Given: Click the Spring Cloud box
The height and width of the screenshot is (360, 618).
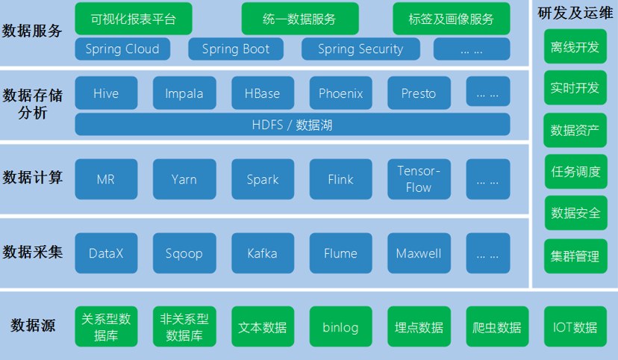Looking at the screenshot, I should point(122,49).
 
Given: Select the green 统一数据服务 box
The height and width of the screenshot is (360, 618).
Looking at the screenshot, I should point(299,19).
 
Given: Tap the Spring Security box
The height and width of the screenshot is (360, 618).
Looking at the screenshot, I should point(360,49).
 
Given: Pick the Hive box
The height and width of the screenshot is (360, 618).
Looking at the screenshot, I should point(106,93).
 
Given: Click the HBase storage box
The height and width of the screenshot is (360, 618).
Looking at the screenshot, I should point(262,93).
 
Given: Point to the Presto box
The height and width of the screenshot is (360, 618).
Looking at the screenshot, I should point(418,93).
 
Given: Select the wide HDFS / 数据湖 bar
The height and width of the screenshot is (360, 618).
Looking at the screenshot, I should point(292,125).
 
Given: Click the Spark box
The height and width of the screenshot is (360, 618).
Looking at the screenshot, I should point(262,179).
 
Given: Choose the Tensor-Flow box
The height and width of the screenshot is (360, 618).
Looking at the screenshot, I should point(418,179).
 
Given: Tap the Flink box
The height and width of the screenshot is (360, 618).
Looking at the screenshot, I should point(340,179).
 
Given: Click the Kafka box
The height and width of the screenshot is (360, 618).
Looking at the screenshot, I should point(262,253).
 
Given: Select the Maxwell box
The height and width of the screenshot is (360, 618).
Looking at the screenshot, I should point(418,253).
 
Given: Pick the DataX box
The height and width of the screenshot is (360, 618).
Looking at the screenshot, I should point(106,253).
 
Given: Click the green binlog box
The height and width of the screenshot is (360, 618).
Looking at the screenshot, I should point(340,327).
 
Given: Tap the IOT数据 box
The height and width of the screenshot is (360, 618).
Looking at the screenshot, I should point(575,327).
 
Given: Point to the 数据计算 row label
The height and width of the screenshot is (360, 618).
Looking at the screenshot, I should point(33,178).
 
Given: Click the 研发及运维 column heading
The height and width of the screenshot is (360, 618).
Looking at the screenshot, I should point(575,12).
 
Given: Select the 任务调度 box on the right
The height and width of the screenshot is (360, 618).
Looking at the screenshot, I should point(575,171).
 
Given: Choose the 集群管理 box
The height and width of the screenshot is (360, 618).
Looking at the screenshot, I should point(575,256).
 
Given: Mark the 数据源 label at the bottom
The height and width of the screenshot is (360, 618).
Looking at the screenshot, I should point(33,326).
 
